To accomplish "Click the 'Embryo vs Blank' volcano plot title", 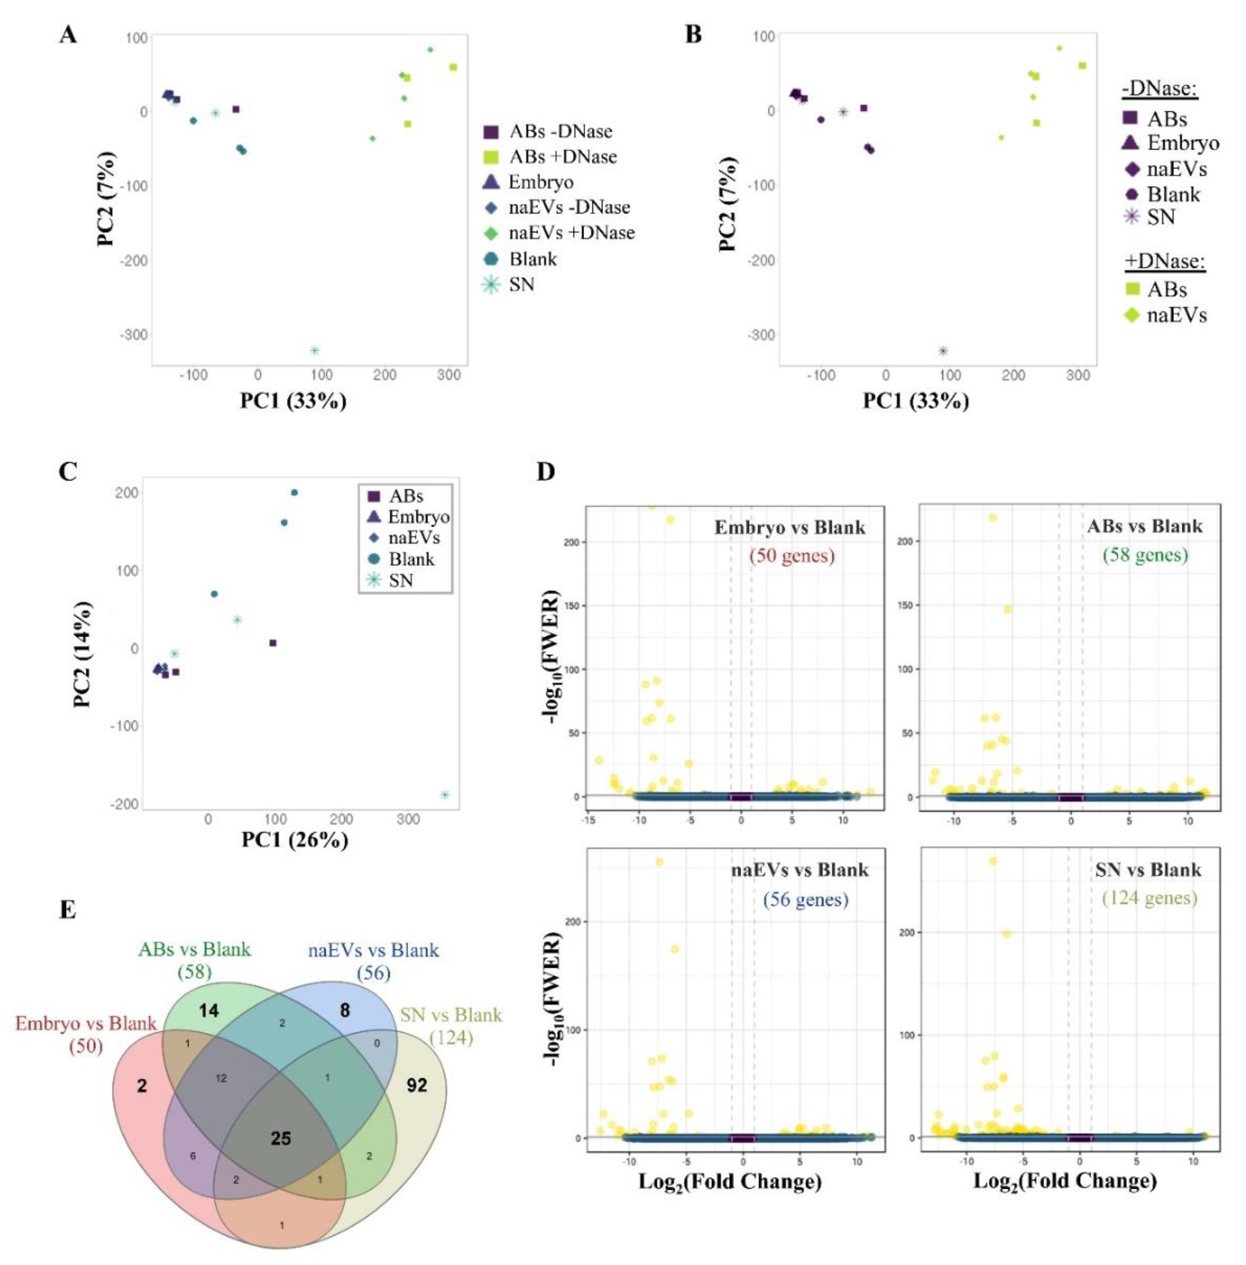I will tap(789, 528).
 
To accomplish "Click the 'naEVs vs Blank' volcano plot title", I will tap(800, 870).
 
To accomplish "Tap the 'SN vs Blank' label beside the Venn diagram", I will tap(451, 1015).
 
